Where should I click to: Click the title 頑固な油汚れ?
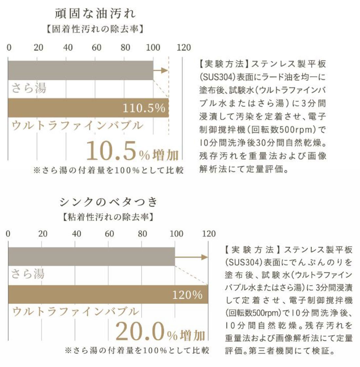pos(95,14)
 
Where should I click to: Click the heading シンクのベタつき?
pos(109,202)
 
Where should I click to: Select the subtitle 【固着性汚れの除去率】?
pos(95,29)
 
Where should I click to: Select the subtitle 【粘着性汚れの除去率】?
pos(108,217)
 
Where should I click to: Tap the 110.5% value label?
pos(144,108)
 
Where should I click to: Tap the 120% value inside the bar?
pos(187,295)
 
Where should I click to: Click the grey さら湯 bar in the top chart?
pos(80,70)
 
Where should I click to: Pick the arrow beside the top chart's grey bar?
pos(161,70)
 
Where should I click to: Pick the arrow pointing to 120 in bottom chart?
pos(191,257)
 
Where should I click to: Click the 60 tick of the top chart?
pos(96,48)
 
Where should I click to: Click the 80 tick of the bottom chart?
pos(142,234)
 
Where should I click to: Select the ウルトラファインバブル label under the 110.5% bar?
pos(77,126)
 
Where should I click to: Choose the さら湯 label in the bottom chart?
pos(28,274)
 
